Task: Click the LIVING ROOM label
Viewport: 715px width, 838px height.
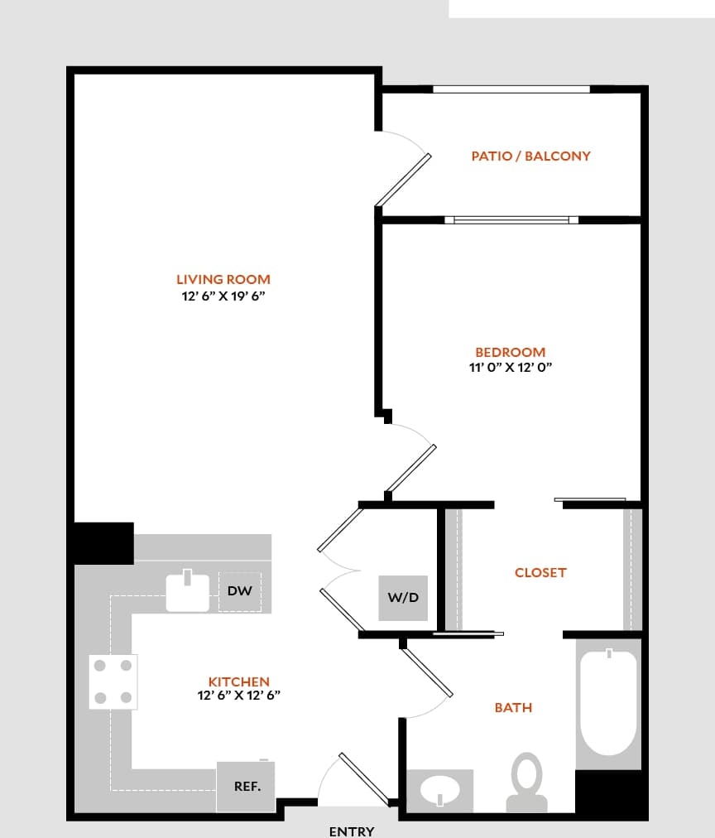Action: (x=223, y=280)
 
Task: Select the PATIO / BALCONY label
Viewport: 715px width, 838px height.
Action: (x=530, y=156)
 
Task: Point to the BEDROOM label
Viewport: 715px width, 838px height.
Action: (x=510, y=352)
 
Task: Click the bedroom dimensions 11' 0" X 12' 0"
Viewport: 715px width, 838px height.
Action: (x=510, y=368)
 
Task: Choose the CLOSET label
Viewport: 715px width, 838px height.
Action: (x=540, y=572)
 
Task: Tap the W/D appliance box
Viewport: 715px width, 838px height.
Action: (x=403, y=598)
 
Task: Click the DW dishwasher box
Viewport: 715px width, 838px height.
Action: (x=239, y=591)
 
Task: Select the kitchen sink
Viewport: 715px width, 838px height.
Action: (x=188, y=591)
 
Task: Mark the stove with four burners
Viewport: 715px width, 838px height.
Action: (x=113, y=681)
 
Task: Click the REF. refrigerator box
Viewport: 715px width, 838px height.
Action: (x=247, y=786)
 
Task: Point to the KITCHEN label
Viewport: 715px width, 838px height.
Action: (x=238, y=681)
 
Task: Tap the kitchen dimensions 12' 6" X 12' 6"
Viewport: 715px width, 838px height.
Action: (x=238, y=696)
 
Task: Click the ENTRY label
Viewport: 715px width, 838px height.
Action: (x=352, y=831)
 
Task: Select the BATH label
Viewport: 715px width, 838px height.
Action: (x=513, y=707)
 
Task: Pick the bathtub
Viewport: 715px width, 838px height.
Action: (x=608, y=702)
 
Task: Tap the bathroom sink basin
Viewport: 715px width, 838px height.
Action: (x=439, y=791)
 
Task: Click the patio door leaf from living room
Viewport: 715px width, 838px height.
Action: (x=403, y=180)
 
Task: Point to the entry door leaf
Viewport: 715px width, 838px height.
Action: (x=363, y=778)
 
